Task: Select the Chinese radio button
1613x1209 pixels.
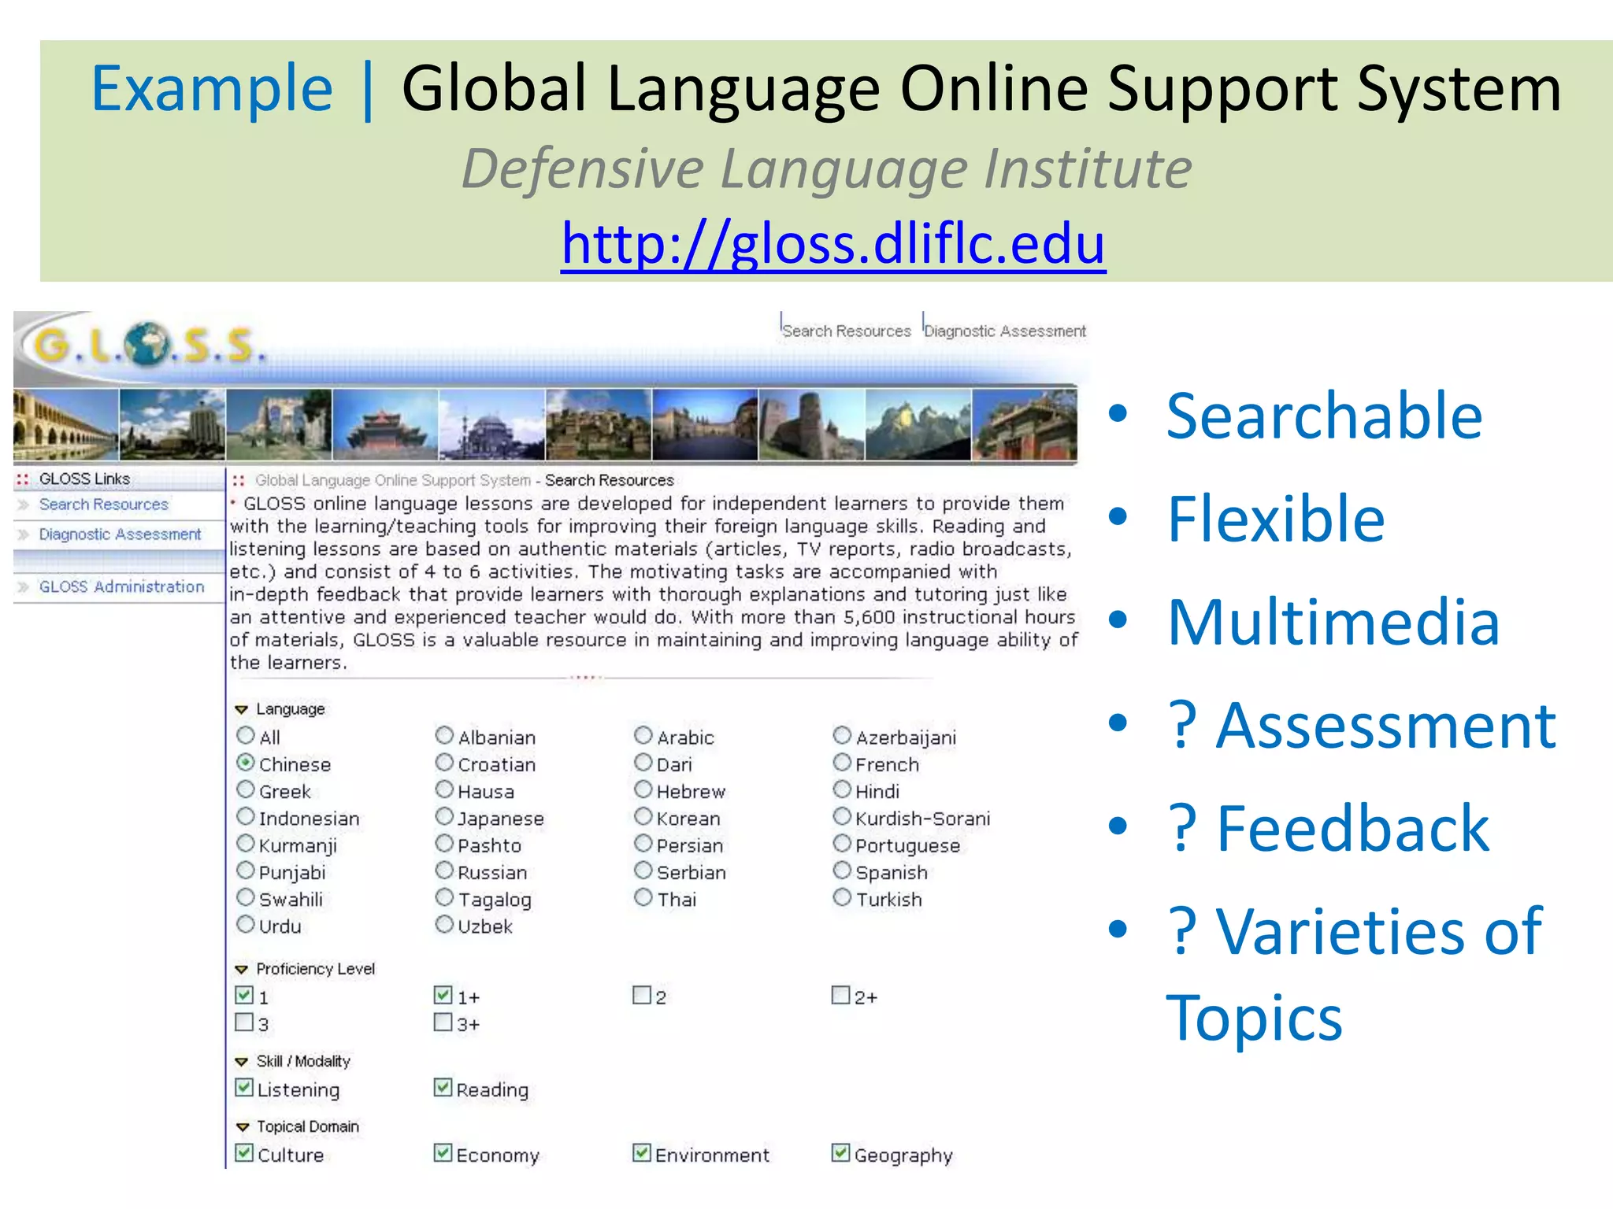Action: (x=246, y=763)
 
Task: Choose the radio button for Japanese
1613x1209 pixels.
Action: (x=444, y=817)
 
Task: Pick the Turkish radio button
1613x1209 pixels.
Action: (x=842, y=897)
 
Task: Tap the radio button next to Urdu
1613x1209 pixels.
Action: (x=246, y=924)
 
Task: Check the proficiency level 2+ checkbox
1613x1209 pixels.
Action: (x=841, y=996)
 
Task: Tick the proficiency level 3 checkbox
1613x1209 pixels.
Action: (x=245, y=1022)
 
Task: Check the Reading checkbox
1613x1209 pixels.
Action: (x=443, y=1089)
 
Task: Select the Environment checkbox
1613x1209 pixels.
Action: (x=642, y=1154)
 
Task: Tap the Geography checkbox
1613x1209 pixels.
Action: (x=841, y=1154)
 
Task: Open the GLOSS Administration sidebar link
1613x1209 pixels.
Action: (x=121, y=586)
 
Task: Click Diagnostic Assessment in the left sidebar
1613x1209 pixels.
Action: (x=120, y=534)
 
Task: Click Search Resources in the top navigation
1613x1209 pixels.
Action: (x=846, y=331)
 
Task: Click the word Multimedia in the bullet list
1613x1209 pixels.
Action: (x=1333, y=623)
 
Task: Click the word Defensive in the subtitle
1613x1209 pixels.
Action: (x=582, y=168)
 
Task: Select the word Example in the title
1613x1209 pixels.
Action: (x=212, y=88)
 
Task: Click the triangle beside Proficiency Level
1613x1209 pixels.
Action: (x=242, y=970)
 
